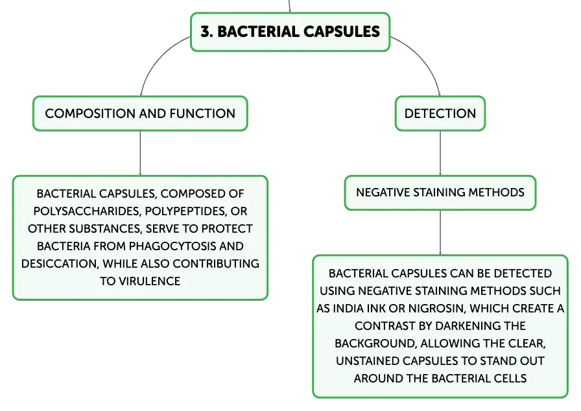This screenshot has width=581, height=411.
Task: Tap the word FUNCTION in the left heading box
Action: point(202,113)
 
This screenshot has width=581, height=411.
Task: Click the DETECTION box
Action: point(440,113)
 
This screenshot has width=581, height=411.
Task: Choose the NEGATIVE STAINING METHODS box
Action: point(440,193)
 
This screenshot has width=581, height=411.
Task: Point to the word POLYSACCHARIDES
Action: point(88,211)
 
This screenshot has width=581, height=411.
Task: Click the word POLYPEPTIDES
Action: point(185,211)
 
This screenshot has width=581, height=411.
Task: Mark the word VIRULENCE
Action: point(149,281)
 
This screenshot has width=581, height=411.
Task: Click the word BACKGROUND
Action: point(375,343)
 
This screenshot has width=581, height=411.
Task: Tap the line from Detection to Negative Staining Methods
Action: point(440,153)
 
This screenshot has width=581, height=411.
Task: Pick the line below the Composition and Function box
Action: point(140,153)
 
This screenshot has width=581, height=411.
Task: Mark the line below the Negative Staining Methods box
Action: point(440,233)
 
